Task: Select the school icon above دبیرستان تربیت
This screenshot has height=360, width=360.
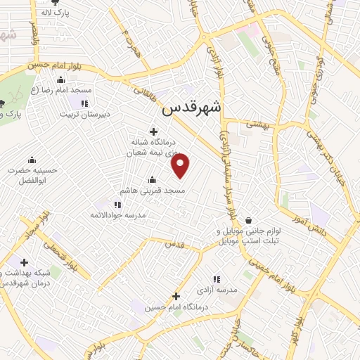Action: click(84, 104)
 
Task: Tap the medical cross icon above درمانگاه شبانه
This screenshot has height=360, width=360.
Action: click(153, 130)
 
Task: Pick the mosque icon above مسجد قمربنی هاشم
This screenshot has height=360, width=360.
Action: click(153, 180)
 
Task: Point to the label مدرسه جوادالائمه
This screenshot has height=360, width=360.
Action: click(119, 215)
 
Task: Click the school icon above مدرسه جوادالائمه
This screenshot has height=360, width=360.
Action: click(117, 205)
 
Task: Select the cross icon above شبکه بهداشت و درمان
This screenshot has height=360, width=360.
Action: click(25, 262)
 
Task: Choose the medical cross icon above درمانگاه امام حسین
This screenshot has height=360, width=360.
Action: click(176, 297)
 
